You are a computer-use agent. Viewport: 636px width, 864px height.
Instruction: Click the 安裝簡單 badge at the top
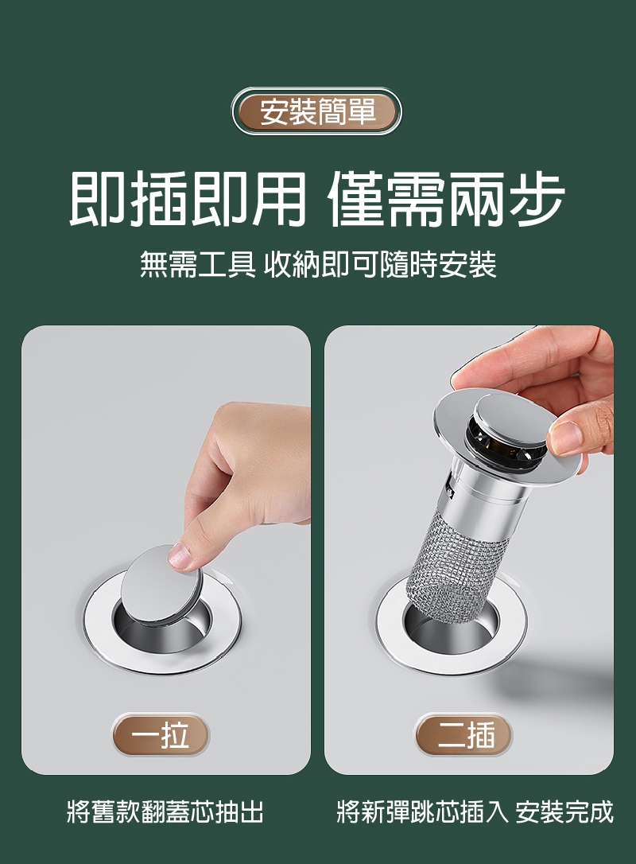tap(316, 111)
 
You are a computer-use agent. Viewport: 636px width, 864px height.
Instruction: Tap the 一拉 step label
tap(161, 735)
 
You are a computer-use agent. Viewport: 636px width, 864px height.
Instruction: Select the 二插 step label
tap(463, 735)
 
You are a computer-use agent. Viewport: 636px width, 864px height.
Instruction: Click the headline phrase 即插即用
tap(187, 198)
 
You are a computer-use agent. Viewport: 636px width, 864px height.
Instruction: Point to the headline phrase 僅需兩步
tap(447, 198)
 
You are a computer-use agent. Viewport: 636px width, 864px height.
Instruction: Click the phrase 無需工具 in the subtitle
tap(197, 264)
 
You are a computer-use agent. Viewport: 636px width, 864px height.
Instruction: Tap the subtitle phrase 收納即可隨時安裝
tap(381, 264)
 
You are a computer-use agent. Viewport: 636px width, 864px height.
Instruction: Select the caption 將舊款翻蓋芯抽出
tap(165, 811)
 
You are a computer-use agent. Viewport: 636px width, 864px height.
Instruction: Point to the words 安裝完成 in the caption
tap(564, 811)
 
